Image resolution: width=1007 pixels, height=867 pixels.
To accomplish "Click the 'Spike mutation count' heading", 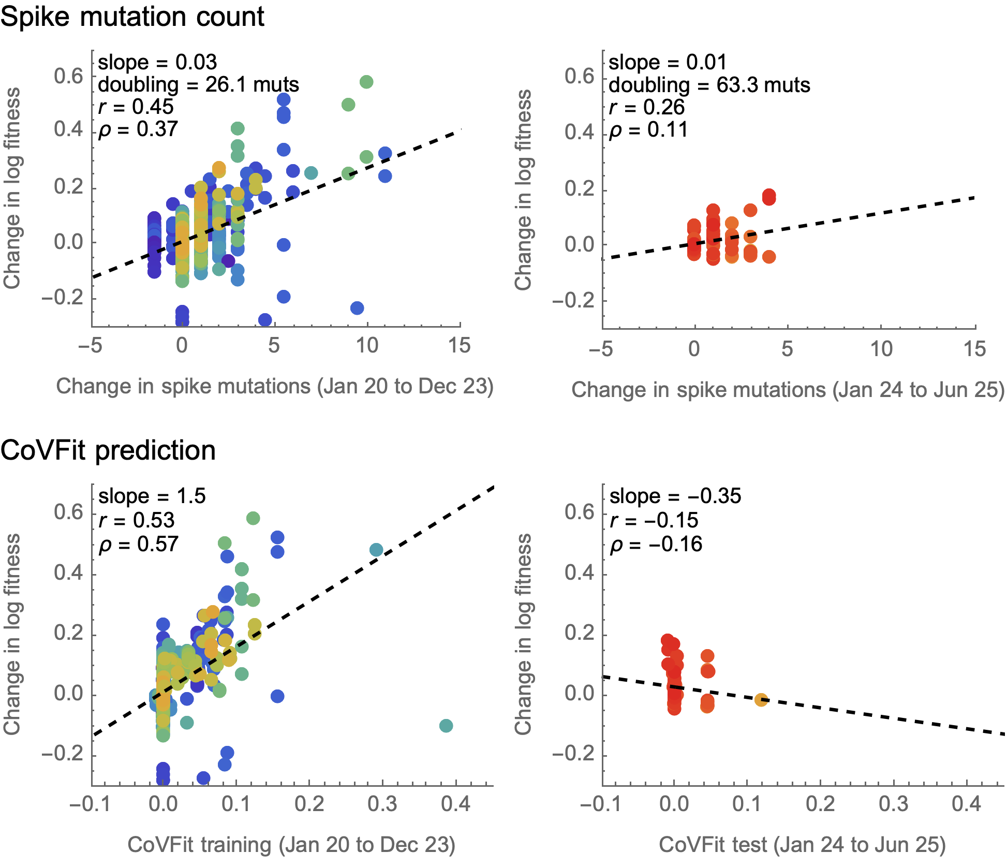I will (132, 18).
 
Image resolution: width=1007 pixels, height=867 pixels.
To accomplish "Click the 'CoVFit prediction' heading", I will (108, 450).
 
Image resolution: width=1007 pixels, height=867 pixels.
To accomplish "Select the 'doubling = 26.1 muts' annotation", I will (198, 84).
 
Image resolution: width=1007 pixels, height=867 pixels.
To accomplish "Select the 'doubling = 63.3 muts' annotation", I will (709, 85).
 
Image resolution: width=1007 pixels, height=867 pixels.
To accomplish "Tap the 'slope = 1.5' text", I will (152, 496).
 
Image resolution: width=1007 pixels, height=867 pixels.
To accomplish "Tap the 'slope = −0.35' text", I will (675, 496).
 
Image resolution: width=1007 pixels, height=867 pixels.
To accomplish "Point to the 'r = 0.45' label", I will (136, 107).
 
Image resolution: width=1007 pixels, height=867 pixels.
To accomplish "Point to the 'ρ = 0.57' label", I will (139, 544).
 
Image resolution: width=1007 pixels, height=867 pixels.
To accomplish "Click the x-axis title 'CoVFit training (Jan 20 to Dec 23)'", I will (291, 844).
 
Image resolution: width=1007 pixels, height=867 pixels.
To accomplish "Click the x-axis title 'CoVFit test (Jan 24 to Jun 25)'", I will (802, 844).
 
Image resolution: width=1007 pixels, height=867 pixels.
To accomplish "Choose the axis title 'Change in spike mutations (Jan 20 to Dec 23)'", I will (275, 386).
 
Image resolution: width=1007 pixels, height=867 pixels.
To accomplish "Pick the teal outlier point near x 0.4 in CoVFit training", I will (446, 726).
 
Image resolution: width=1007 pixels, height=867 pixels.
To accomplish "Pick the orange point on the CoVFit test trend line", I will (761, 700).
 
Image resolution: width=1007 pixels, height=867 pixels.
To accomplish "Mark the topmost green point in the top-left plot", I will (366, 82).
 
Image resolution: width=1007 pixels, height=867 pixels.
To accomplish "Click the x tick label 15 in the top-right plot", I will (974, 349).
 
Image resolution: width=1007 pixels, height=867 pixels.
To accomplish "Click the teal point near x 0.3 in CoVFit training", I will (376, 550).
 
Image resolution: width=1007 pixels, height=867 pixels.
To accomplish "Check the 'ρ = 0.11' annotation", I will (648, 129).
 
